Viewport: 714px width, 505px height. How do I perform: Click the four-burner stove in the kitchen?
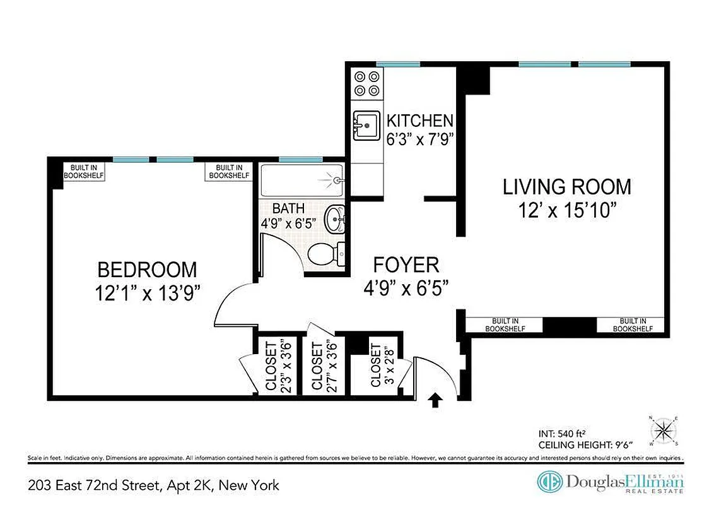click(366, 84)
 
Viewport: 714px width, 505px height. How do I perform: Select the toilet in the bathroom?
click(327, 254)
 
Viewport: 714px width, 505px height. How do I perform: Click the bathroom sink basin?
click(334, 220)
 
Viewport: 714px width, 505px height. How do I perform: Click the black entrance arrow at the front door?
click(435, 401)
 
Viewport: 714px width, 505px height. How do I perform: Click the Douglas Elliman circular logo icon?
click(549, 482)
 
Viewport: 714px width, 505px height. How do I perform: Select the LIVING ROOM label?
click(566, 187)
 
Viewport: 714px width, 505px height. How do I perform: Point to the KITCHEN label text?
click(419, 121)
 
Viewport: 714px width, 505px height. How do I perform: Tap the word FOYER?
click(406, 264)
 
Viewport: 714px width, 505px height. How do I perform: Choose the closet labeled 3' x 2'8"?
click(376, 365)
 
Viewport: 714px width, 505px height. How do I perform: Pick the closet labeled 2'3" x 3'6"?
click(277, 365)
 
